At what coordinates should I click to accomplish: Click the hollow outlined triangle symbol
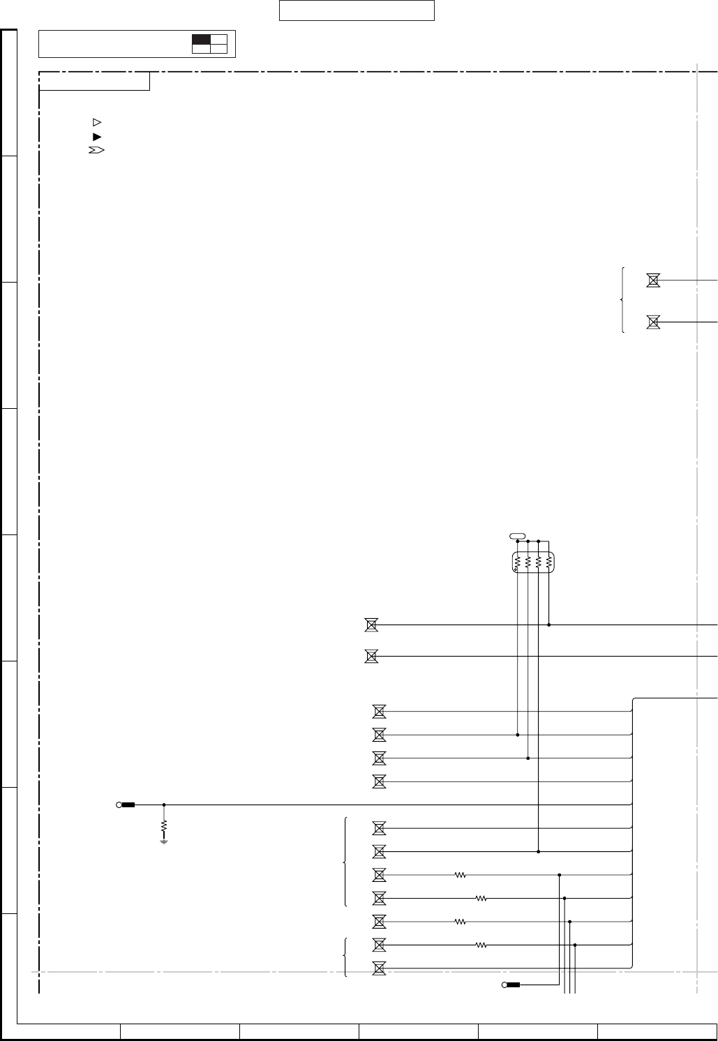point(98,122)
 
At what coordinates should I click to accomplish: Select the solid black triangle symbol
point(98,137)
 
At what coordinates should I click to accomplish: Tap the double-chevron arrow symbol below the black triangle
point(96,151)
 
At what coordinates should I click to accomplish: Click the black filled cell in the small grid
point(201,40)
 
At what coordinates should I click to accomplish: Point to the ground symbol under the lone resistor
point(164,841)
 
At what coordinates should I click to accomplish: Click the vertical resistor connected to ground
point(164,827)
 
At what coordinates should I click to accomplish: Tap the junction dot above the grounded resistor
point(164,804)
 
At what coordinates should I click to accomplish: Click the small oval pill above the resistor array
point(517,535)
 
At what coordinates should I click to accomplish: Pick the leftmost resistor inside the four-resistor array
point(518,562)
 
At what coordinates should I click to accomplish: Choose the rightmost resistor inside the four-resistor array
point(549,562)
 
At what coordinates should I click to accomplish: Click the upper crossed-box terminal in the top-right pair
point(653,280)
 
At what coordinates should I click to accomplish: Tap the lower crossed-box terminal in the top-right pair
point(653,322)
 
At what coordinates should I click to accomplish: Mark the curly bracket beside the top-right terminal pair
point(622,300)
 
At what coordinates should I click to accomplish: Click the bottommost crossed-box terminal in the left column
point(379,968)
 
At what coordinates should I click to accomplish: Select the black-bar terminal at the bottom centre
point(512,985)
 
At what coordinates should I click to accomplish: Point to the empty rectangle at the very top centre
point(357,10)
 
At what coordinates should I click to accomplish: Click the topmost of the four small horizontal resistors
point(460,874)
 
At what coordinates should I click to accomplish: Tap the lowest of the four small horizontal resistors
point(481,945)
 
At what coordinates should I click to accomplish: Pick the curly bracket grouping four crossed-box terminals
point(345,862)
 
